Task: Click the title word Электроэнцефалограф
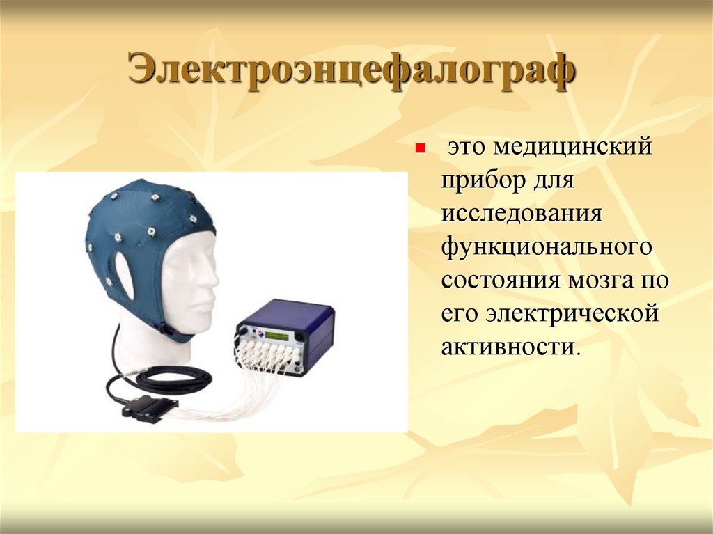[x=351, y=72]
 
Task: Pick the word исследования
[x=520, y=213]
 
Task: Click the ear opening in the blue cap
[x=125, y=276]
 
